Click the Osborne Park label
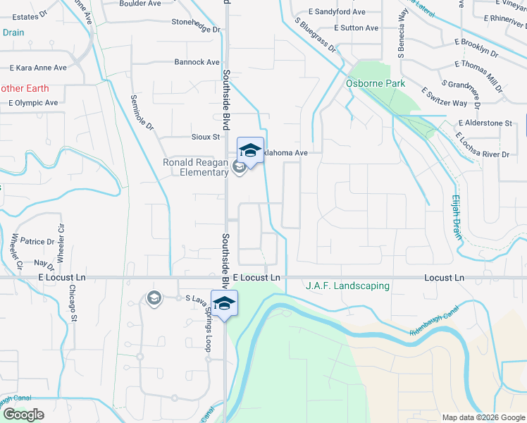(376, 83)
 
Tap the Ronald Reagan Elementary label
(195, 167)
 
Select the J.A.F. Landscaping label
(347, 286)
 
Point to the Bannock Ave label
(197, 62)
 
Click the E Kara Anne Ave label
(38, 68)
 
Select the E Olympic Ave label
(33, 102)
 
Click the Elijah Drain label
(457, 217)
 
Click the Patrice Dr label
(37, 241)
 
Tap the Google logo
(23, 415)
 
